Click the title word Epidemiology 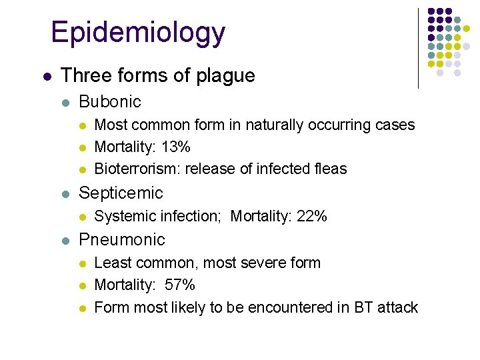138,33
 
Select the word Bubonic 110,101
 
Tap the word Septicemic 121,193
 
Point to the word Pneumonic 122,239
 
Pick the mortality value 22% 311,216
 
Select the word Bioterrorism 135,169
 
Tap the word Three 83,76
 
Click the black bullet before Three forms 45,77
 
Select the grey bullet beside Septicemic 65,194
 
